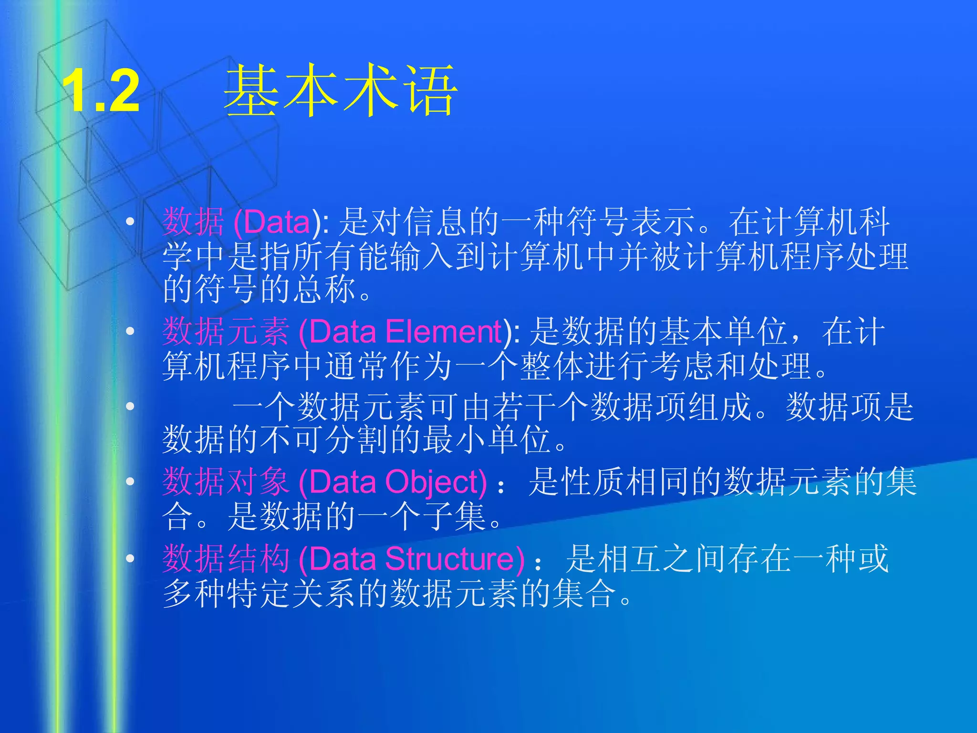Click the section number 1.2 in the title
tap(101, 91)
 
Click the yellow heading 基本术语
tap(341, 91)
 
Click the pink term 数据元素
tap(226, 332)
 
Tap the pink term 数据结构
tap(226, 558)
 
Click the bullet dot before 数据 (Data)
tap(130, 221)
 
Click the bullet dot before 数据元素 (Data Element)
tap(130, 331)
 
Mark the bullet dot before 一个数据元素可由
tap(130, 406)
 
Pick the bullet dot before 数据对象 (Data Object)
tap(130, 481)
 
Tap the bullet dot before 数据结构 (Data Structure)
tap(130, 558)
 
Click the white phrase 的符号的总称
tap(260, 289)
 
